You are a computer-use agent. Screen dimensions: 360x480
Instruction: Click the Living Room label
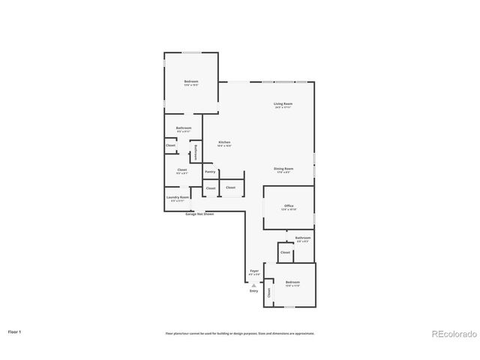point(283,103)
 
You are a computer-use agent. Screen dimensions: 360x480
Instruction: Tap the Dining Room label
point(283,169)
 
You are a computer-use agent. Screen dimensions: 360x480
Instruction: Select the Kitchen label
point(224,142)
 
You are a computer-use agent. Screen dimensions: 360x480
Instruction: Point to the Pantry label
point(210,172)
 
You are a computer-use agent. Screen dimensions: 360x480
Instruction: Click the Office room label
point(288,205)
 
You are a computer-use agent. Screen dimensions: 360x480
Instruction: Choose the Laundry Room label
point(179,197)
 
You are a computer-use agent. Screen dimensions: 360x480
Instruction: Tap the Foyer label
point(253,271)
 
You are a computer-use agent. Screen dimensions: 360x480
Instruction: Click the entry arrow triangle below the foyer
point(253,285)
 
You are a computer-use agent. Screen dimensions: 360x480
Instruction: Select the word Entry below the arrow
point(253,291)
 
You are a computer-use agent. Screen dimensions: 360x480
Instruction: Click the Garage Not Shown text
point(199,214)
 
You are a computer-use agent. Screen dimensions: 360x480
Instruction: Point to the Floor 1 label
point(14,331)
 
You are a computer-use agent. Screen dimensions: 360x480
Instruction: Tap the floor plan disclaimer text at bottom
point(240,333)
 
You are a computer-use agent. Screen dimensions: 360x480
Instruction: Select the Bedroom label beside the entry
point(292,283)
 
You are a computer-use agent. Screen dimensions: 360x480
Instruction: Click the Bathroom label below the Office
point(302,238)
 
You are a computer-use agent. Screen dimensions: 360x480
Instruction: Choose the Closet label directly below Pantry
point(211,187)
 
